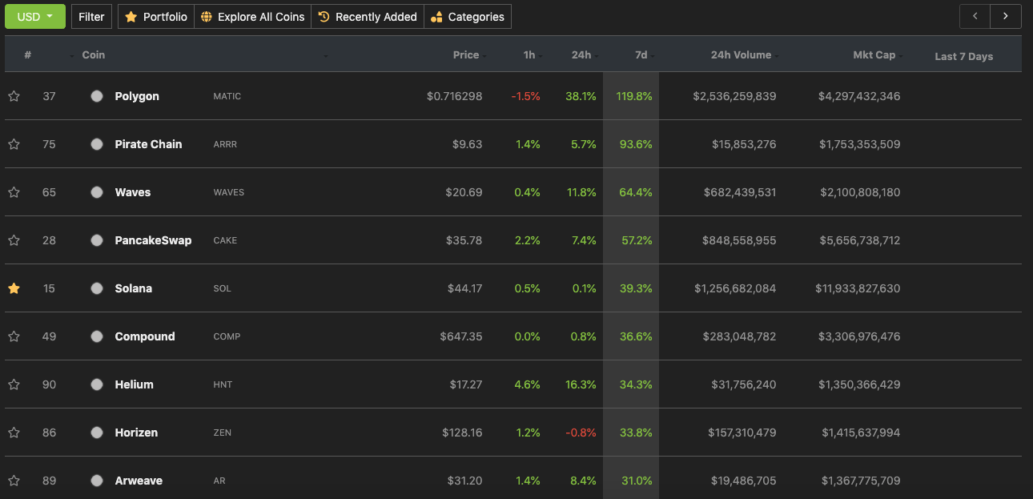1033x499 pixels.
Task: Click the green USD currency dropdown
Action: click(x=35, y=17)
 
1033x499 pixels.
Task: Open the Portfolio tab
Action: click(x=156, y=17)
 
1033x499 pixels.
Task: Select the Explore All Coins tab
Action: click(x=253, y=17)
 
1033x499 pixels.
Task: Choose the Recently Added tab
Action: click(x=368, y=17)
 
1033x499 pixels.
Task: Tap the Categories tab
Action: click(x=468, y=17)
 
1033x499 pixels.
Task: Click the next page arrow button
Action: click(x=1005, y=17)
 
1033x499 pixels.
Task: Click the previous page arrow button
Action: click(x=975, y=17)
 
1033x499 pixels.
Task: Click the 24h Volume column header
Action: click(x=741, y=55)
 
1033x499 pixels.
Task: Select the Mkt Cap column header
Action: click(x=874, y=55)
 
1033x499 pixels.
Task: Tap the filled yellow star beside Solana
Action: click(x=14, y=288)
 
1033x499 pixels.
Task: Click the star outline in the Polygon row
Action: click(x=14, y=96)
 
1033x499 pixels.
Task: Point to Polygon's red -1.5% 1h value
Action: click(x=525, y=96)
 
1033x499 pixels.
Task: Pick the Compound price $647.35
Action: click(x=460, y=336)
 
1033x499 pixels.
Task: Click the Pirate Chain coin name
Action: click(x=148, y=144)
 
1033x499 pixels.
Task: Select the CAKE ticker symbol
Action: click(x=225, y=240)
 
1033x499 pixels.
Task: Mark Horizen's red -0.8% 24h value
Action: click(x=581, y=433)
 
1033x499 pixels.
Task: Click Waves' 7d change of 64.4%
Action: click(x=636, y=192)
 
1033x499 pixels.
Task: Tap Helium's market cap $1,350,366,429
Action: click(x=859, y=384)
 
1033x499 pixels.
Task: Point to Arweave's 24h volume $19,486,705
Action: click(x=743, y=481)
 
